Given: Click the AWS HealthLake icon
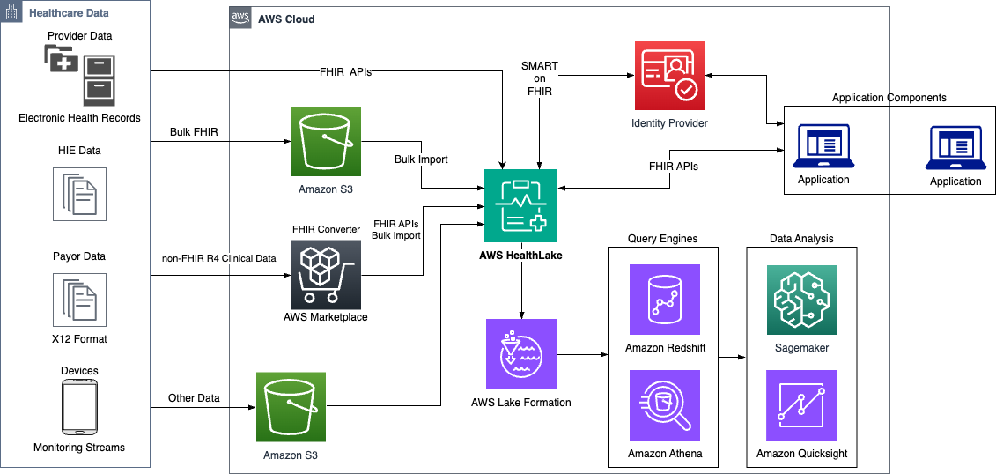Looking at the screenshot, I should pyautogui.click(x=520, y=204).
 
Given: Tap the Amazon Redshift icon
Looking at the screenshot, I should pyautogui.click(x=664, y=300).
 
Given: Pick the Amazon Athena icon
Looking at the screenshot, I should pyautogui.click(x=664, y=405).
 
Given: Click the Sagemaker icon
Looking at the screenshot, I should pyautogui.click(x=801, y=300).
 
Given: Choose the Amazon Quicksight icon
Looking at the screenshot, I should pyautogui.click(x=801, y=405).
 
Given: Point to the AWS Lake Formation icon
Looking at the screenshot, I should pyautogui.click(x=520, y=354).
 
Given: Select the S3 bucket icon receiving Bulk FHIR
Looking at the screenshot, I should pyautogui.click(x=327, y=142).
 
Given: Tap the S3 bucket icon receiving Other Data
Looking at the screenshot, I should pyautogui.click(x=291, y=407).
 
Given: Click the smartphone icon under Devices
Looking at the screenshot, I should pyautogui.click(x=80, y=408).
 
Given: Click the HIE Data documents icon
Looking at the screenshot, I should pyautogui.click(x=80, y=194).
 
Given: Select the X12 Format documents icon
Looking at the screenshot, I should pyautogui.click(x=80, y=300).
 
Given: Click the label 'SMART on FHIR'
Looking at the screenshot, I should pyautogui.click(x=540, y=78).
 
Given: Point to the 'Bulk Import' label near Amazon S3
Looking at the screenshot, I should pyautogui.click(x=421, y=159).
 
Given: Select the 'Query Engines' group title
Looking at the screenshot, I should pyautogui.click(x=662, y=239).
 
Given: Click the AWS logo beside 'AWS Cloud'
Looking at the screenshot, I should pyautogui.click(x=240, y=18).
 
